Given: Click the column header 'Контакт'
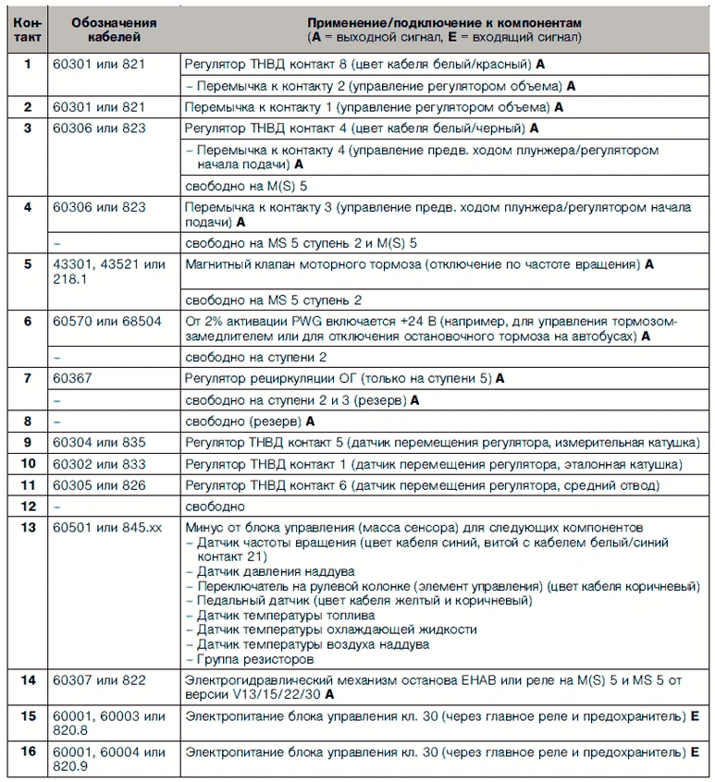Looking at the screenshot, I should pos(28,29).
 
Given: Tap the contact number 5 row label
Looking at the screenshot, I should pos(27,264).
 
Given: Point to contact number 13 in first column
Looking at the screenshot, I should pos(28,527).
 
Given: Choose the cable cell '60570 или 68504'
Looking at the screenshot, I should pos(107,321).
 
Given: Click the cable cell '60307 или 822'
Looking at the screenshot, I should pos(100,680).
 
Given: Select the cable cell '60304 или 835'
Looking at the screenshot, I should pos(100,442).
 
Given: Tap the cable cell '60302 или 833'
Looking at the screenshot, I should pos(100,463).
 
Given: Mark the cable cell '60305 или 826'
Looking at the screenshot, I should pos(100,484).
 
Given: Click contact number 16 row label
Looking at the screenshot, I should pos(28,751).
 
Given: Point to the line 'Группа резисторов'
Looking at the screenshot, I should pos(254,659).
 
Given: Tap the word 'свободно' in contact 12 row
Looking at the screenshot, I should pos(215,506).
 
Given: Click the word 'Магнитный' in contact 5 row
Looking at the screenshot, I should pos(220,264).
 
